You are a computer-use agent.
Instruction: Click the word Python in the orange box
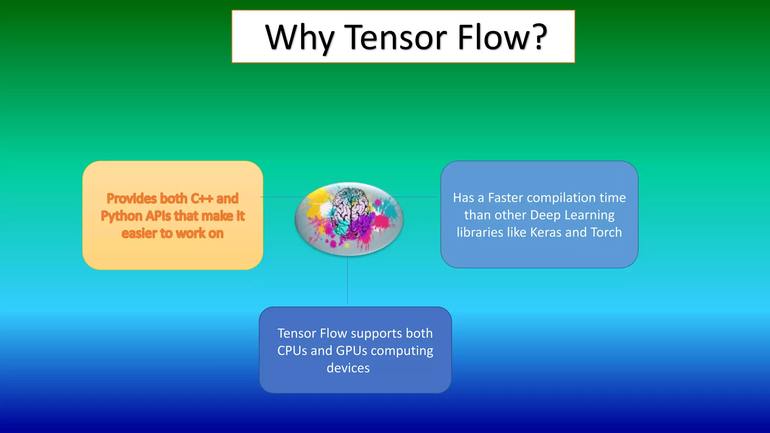click(x=121, y=216)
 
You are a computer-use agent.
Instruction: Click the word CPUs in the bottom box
click(x=292, y=351)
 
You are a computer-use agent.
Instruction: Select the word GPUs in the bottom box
click(x=351, y=351)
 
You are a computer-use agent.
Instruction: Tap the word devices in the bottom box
click(x=348, y=368)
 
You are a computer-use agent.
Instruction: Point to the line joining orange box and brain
click(x=280, y=197)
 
